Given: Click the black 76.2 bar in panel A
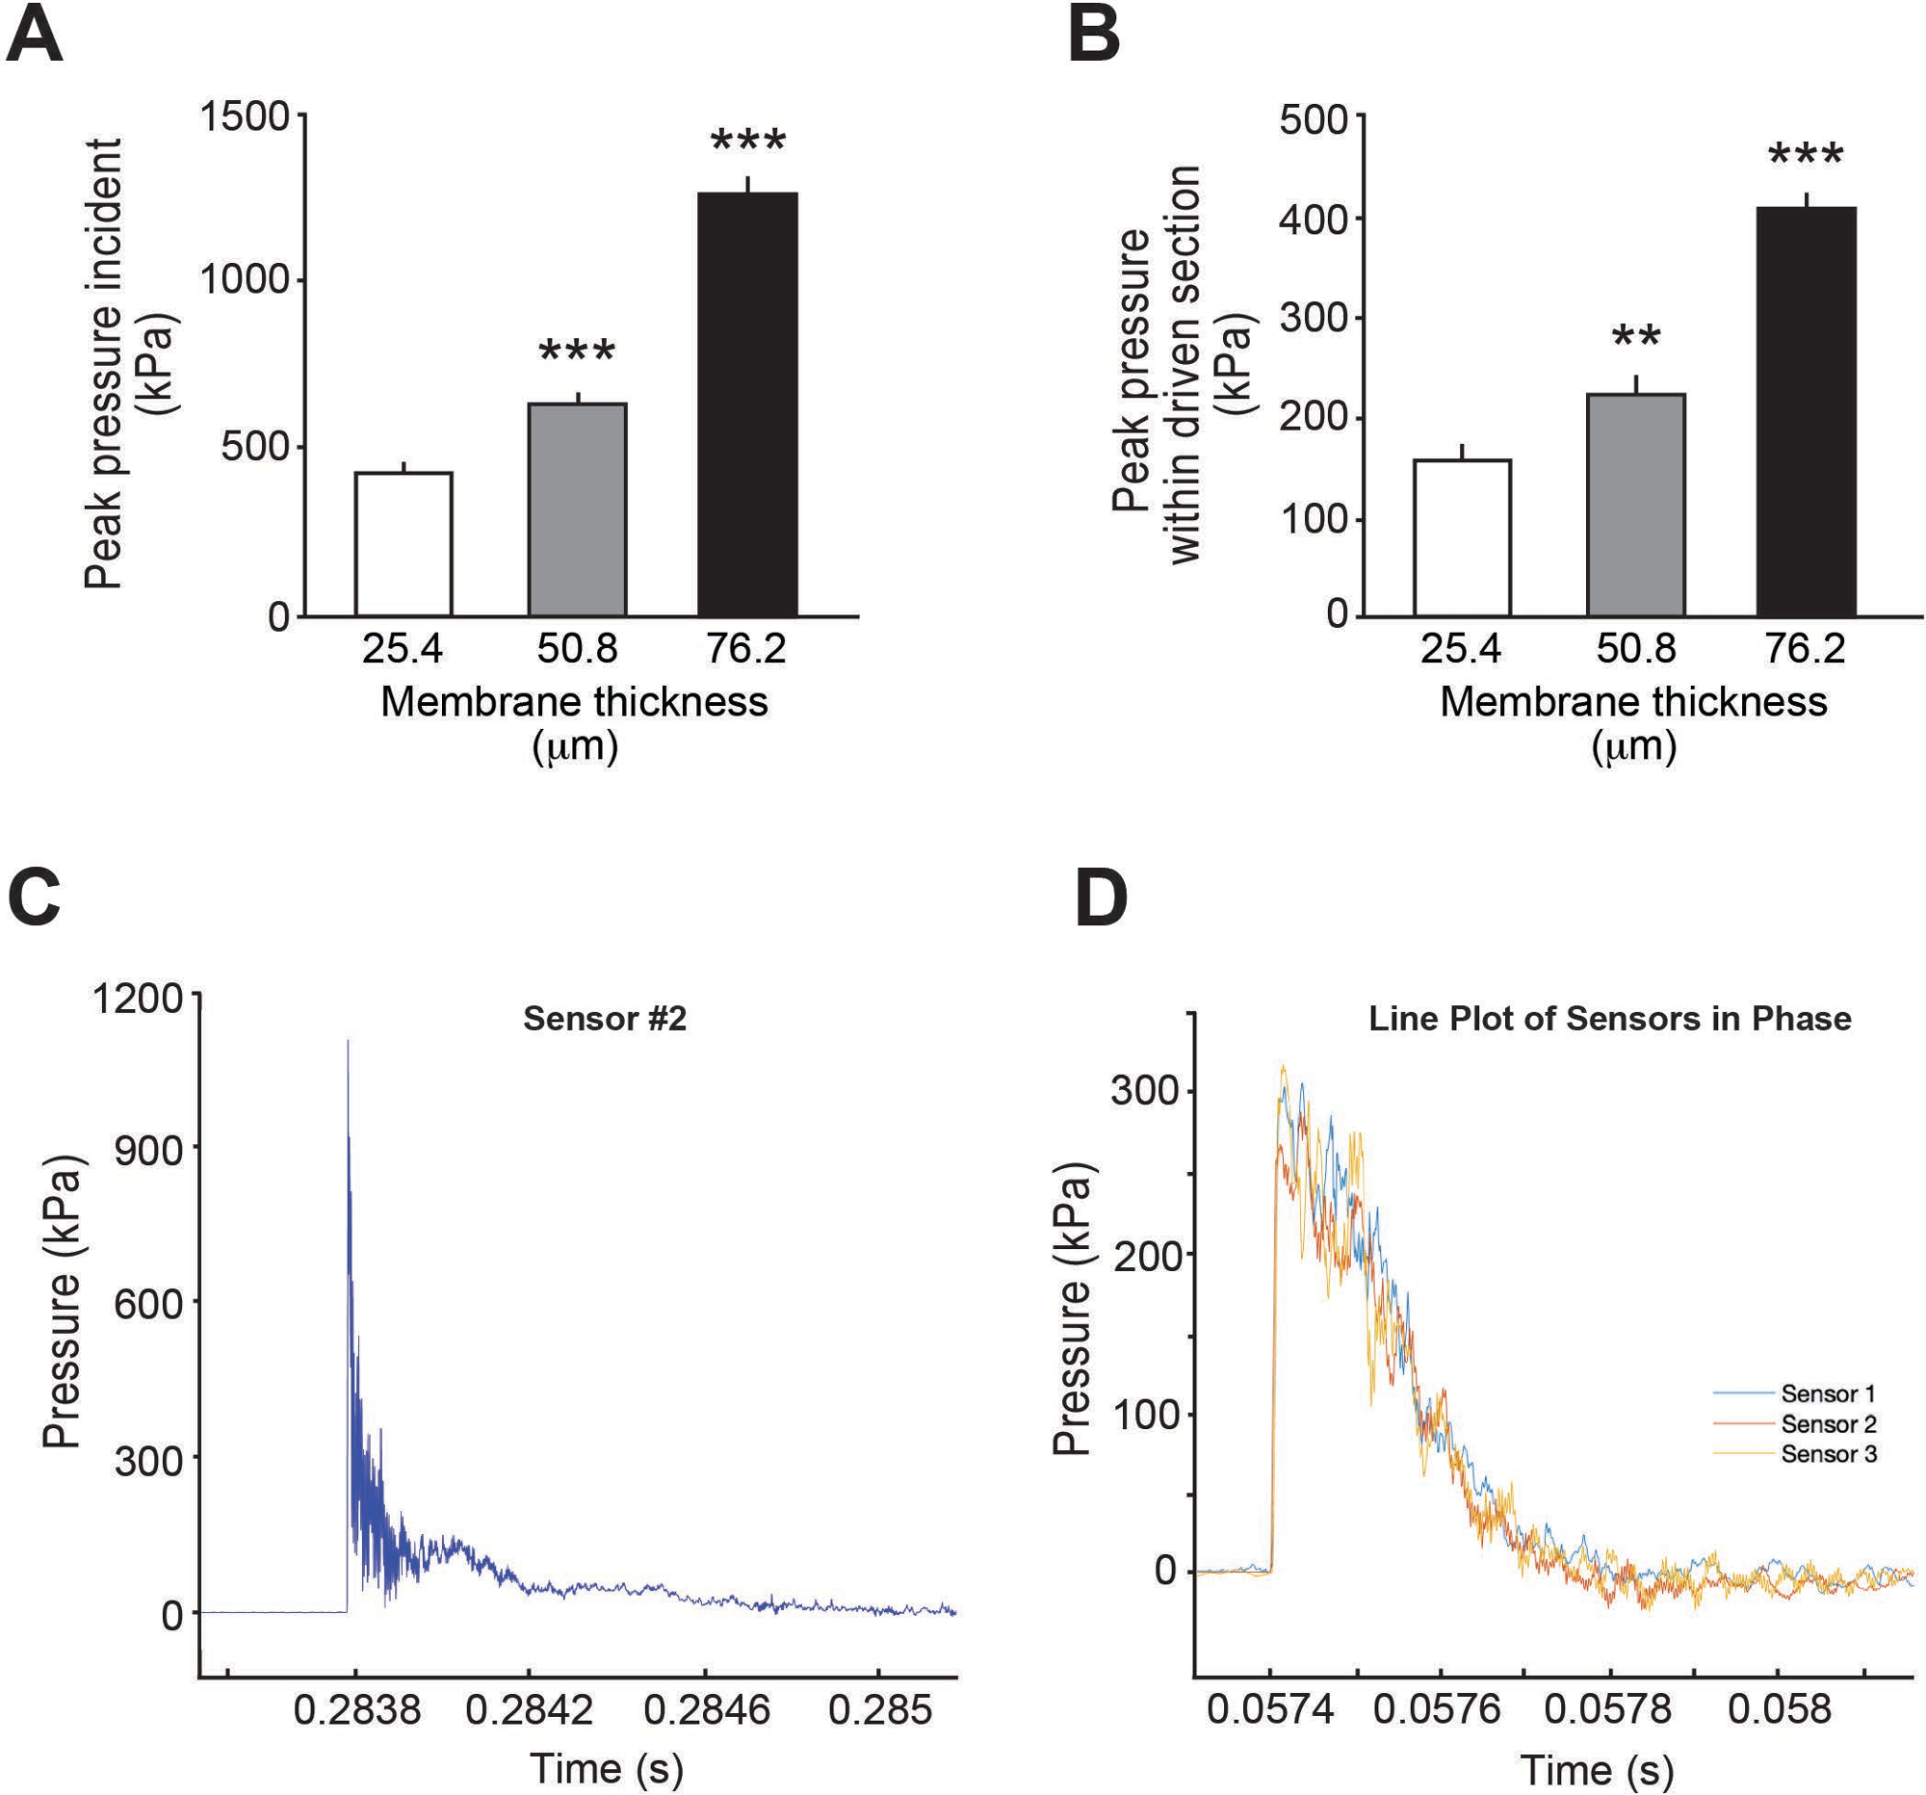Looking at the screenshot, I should [747, 403].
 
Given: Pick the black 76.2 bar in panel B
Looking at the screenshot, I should [1806, 412].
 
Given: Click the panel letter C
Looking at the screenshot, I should [35, 898].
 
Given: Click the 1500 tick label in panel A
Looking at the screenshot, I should [245, 117].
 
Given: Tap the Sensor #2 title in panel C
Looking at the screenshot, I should [605, 1019].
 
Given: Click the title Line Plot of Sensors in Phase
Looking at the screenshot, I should [1609, 1019].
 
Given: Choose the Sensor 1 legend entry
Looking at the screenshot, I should [1827, 1394].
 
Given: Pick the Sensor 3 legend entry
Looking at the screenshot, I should [1827, 1454].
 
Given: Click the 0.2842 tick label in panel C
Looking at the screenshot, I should [529, 1709].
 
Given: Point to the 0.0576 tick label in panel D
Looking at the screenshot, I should [1438, 1709].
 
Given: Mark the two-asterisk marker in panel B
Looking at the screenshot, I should [1636, 338].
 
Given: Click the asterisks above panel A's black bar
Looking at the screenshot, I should [748, 143].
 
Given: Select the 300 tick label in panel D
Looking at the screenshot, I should [1144, 1093].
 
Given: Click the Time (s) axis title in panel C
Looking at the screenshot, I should [607, 1768].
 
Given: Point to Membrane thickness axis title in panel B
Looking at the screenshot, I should [1633, 701].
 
